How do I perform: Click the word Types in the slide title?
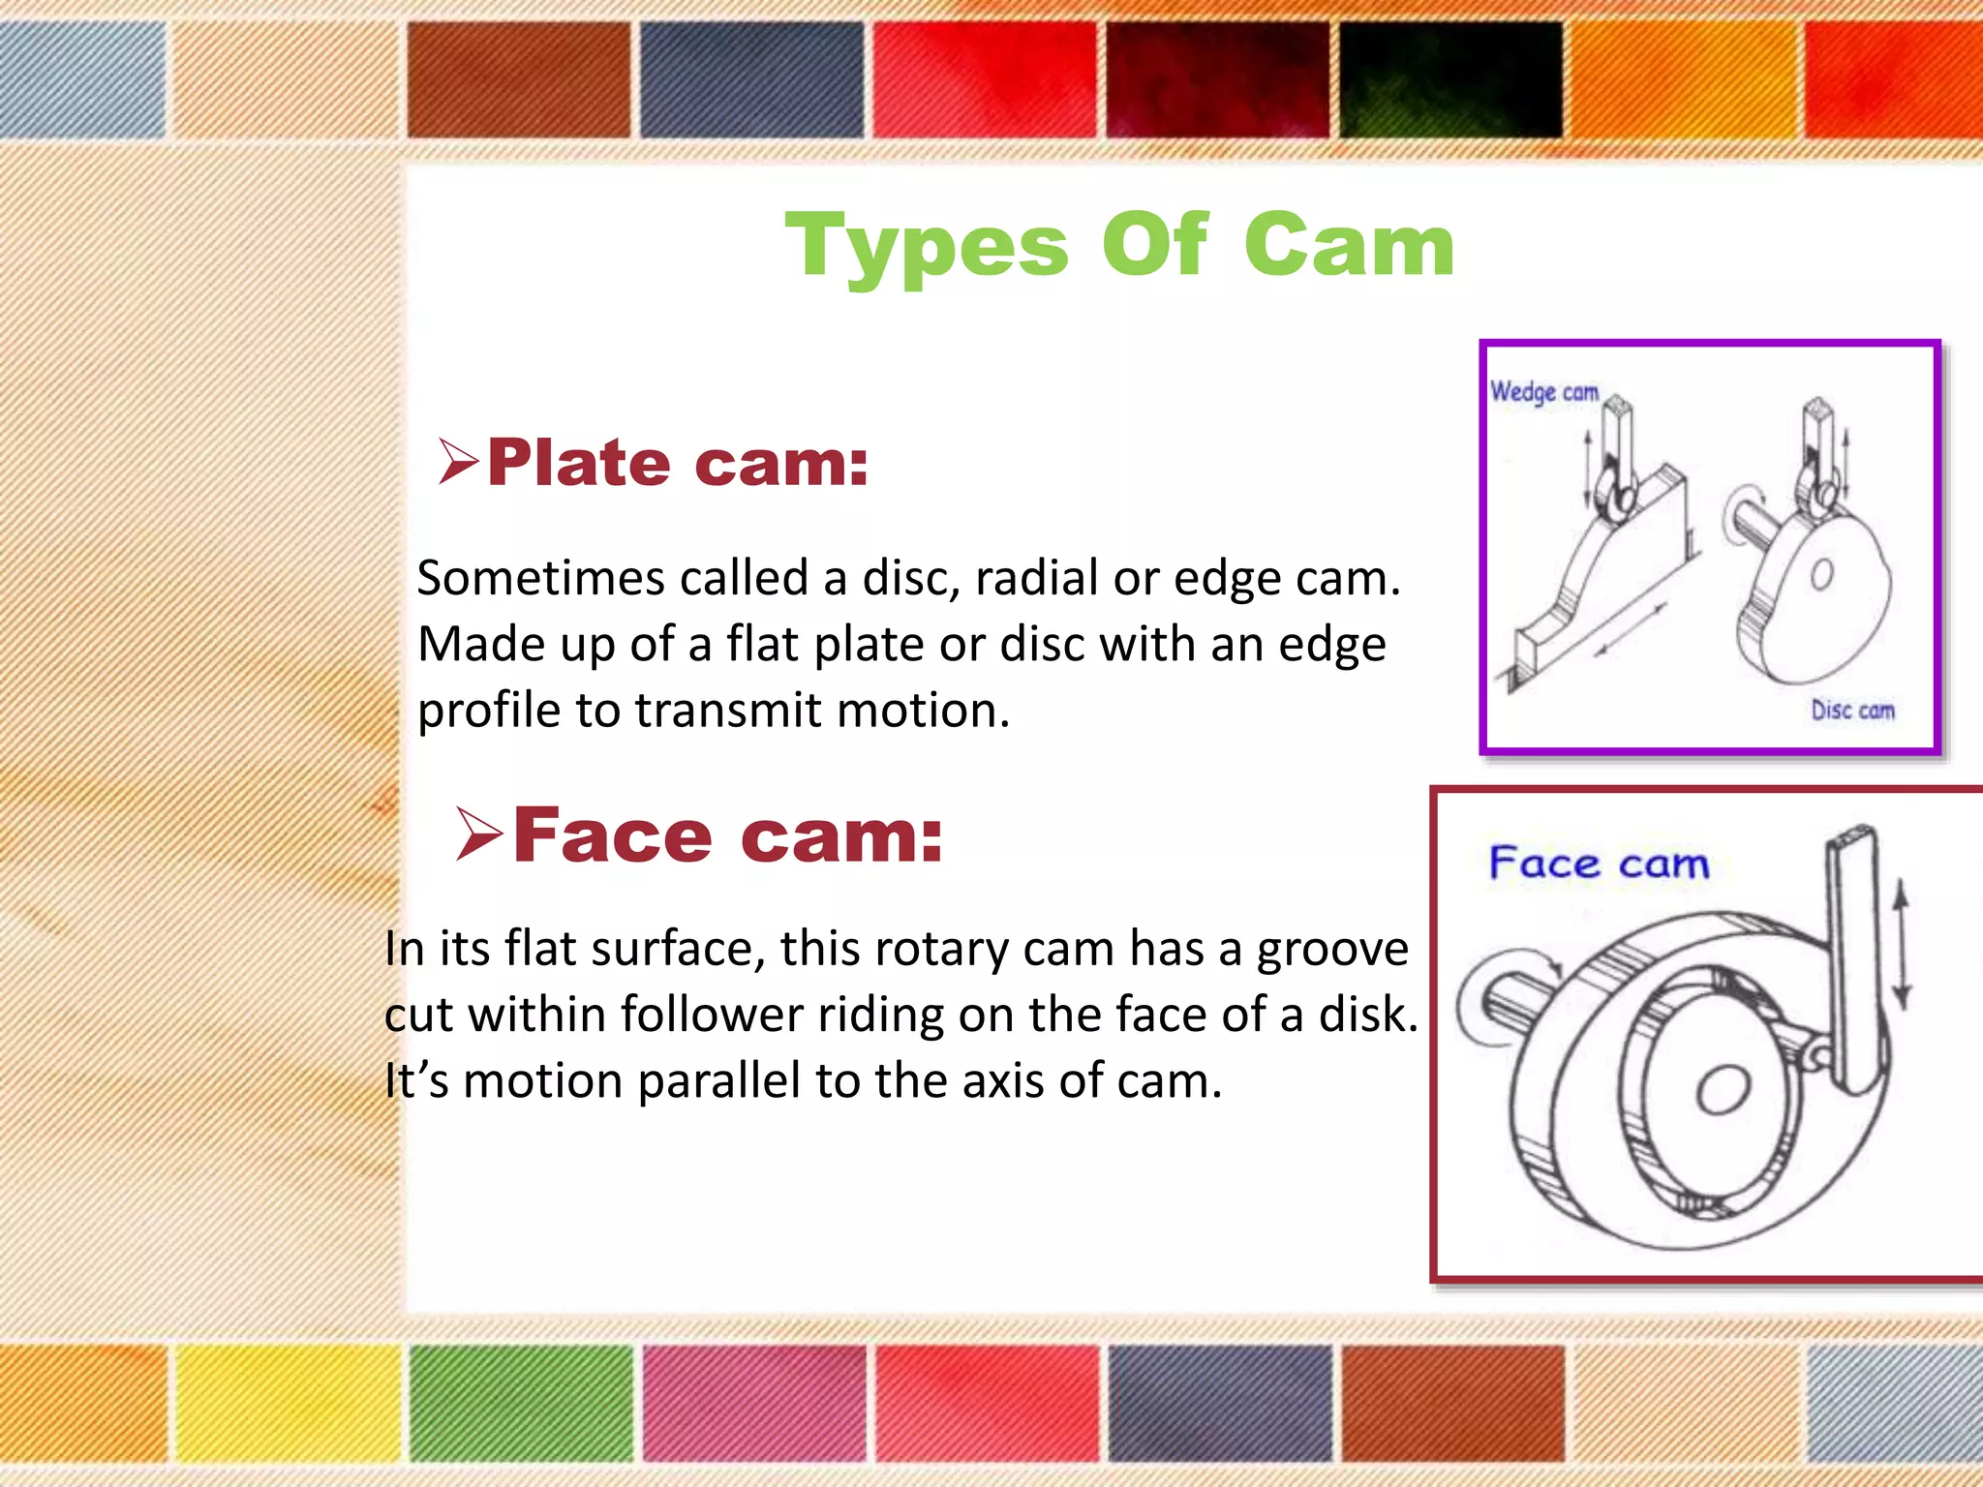[x=927, y=247]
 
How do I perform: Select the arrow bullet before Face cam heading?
[x=479, y=834]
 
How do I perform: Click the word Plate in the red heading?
[x=578, y=463]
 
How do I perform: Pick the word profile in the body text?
[x=489, y=711]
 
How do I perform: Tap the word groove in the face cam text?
[x=1332, y=948]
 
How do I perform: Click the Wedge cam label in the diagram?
[x=1544, y=392]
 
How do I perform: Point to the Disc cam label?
[x=1852, y=710]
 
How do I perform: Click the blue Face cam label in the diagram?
[x=1599, y=863]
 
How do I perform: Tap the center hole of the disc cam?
[x=1821, y=575]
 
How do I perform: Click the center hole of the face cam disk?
[x=1723, y=1090]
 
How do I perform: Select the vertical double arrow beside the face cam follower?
[x=1901, y=944]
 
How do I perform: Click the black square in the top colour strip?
[x=1449, y=79]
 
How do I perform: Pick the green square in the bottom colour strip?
[x=520, y=1403]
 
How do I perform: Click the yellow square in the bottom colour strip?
[x=288, y=1403]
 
